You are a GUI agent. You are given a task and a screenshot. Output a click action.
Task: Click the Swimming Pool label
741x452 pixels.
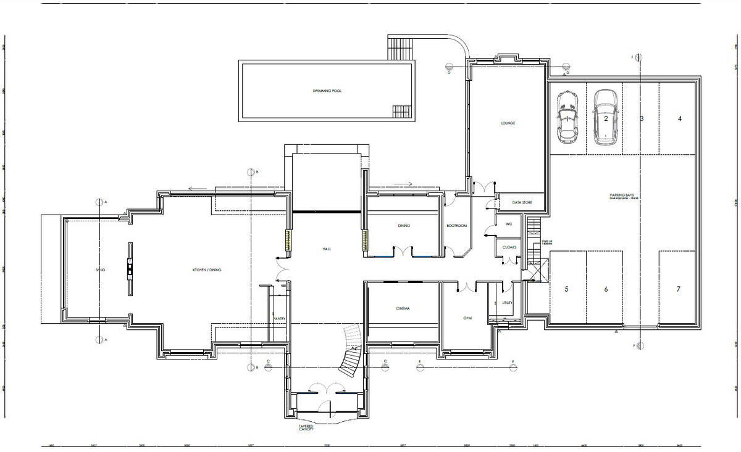pyautogui.click(x=327, y=91)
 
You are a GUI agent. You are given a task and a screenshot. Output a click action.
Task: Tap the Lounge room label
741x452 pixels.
pyautogui.click(x=508, y=123)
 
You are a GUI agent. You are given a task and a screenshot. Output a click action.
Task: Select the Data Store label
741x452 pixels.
pyautogui.click(x=522, y=202)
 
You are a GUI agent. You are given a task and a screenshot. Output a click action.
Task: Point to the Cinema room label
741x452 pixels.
pyautogui.click(x=403, y=308)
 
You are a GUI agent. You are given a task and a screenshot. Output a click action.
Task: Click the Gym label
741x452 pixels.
pyautogui.click(x=467, y=318)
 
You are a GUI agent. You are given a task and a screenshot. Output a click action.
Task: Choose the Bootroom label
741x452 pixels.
pyautogui.click(x=457, y=226)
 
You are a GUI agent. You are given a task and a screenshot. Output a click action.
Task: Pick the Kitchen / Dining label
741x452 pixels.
pyautogui.click(x=207, y=270)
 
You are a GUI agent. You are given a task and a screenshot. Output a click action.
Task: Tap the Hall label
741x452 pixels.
pyautogui.click(x=327, y=249)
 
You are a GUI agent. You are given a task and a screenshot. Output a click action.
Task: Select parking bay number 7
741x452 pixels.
pyautogui.click(x=679, y=289)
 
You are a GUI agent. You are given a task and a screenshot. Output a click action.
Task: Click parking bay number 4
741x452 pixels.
pyautogui.click(x=680, y=118)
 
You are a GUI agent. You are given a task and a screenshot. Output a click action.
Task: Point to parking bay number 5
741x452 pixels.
pyautogui.click(x=566, y=289)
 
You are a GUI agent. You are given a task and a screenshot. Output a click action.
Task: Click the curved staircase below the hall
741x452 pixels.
pyautogui.click(x=351, y=351)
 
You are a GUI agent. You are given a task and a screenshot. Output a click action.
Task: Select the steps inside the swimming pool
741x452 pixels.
pyautogui.click(x=401, y=111)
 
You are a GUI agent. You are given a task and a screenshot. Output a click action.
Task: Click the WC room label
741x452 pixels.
pyautogui.click(x=509, y=224)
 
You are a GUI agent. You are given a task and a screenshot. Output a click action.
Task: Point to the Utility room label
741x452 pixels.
pyautogui.click(x=507, y=303)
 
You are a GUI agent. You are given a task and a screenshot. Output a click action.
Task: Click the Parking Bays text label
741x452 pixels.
pyautogui.click(x=622, y=196)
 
